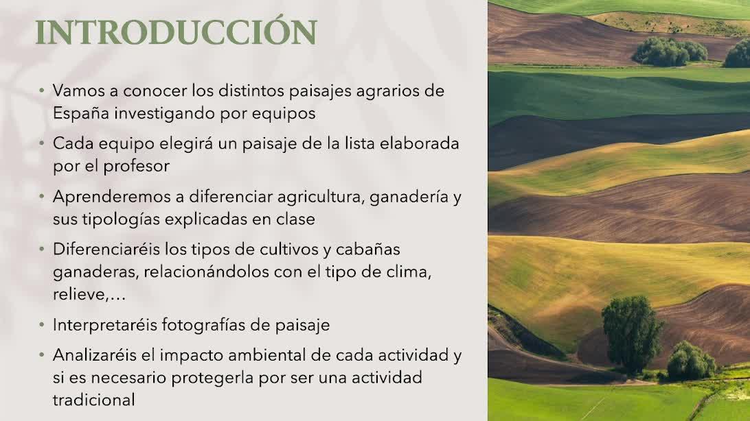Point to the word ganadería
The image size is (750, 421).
[x=409, y=197]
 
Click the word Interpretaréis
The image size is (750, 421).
[x=105, y=325]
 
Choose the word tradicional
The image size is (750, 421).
[x=93, y=400]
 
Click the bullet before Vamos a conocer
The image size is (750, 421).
[x=42, y=90]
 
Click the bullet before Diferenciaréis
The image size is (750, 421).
[x=42, y=248]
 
